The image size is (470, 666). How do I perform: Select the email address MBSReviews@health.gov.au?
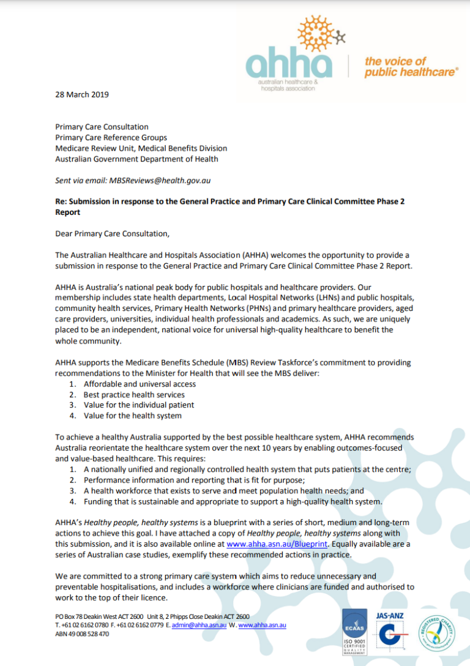[162, 181]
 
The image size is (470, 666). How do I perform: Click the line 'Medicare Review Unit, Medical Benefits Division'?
[141, 148]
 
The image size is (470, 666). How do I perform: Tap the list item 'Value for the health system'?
[132, 416]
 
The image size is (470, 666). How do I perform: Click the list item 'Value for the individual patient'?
[139, 405]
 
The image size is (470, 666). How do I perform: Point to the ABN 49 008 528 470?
[82, 634]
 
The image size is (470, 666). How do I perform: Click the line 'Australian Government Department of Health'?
[136, 159]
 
